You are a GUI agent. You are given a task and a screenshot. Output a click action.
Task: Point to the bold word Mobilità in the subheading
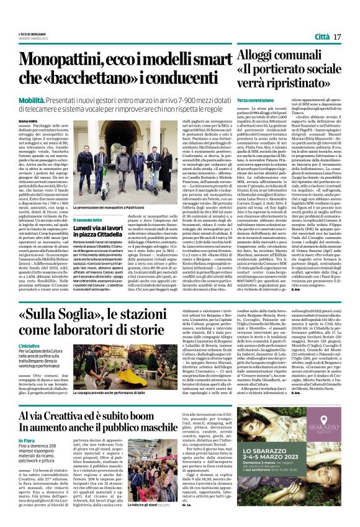pyautogui.click(x=31, y=99)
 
